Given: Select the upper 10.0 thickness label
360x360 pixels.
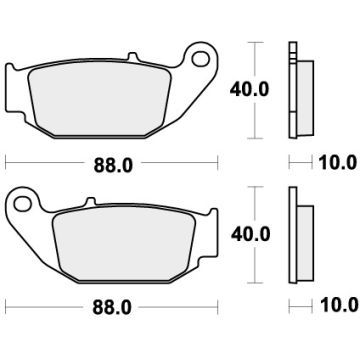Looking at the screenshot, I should coord(335,160).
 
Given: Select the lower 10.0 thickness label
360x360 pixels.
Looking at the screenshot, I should coord(335,301).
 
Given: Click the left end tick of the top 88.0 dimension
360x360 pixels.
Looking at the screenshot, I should coord(7,160).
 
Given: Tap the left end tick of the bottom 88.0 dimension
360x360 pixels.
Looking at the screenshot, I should coord(7,301).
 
